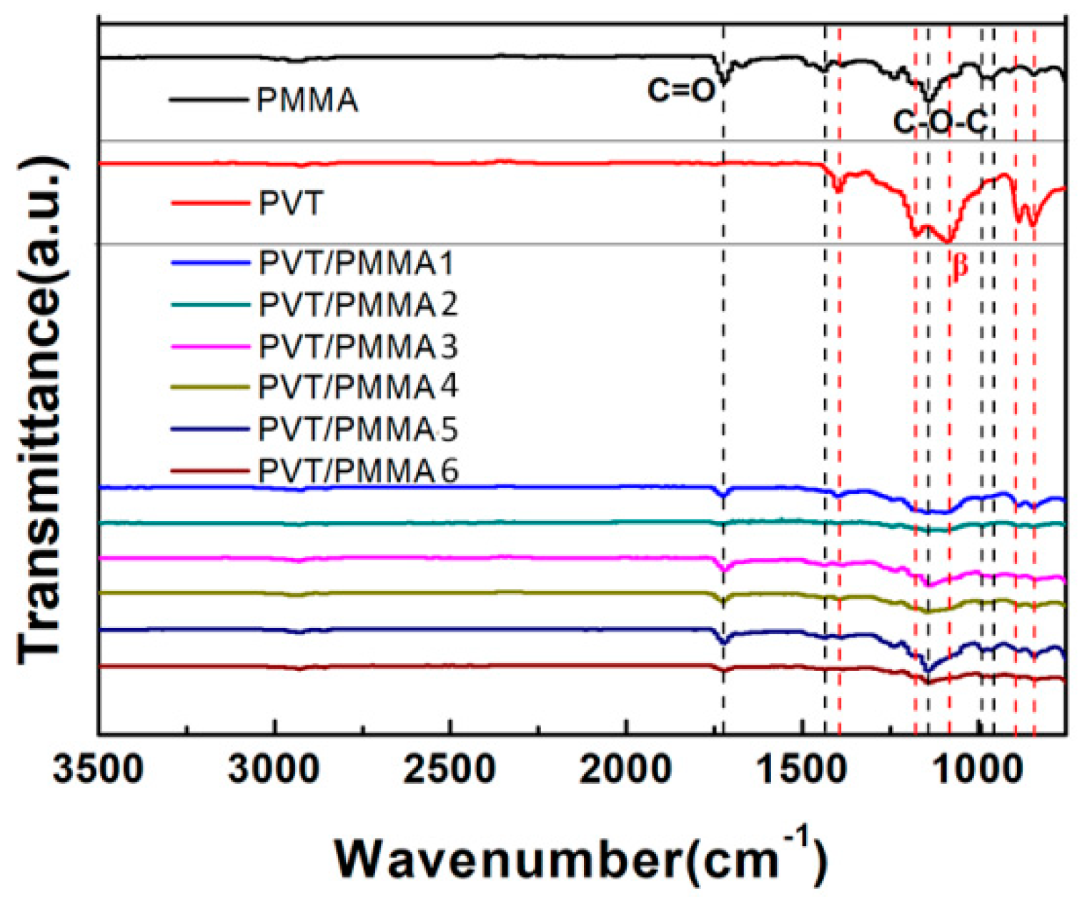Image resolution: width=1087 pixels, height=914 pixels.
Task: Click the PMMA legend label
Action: point(307,100)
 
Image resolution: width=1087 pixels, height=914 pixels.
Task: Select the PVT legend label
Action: point(291,204)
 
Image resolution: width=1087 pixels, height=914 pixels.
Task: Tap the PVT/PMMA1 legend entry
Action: point(356,264)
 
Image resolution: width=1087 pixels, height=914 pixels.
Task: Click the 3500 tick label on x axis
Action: point(99,770)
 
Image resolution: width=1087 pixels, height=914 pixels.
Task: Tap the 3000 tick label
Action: point(274,770)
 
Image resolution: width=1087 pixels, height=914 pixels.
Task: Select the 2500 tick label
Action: point(450,770)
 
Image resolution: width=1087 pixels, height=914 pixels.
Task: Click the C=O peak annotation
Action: point(680,90)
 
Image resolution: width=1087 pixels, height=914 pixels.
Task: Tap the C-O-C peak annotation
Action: point(940,123)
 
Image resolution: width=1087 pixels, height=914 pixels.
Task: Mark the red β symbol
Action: point(959,266)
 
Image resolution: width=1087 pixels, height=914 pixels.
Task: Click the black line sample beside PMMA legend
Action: point(207,99)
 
